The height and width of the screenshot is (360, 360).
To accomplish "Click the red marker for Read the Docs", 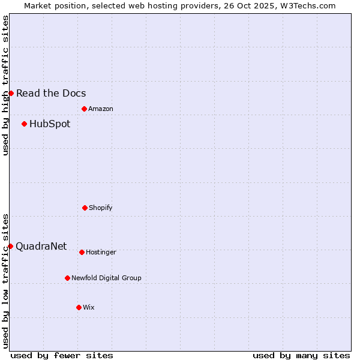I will tap(11, 93).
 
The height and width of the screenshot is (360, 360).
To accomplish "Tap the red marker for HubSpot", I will tap(24, 124).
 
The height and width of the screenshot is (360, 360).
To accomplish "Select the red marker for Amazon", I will tap(84, 109).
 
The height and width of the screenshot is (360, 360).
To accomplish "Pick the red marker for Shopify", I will tap(85, 208).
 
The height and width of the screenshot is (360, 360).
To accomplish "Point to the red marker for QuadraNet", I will tap(10, 246).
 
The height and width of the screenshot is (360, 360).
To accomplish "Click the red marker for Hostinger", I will tap(82, 252).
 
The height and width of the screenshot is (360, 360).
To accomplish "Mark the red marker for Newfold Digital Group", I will tap(67, 278).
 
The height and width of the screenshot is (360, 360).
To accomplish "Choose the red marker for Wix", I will tap(79, 307).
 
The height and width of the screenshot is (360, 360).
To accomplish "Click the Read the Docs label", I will tap(51, 93).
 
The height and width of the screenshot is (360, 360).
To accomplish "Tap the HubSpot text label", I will tap(50, 124).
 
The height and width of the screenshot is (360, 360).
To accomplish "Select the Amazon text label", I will tap(101, 109).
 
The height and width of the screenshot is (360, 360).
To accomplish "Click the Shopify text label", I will tap(101, 208).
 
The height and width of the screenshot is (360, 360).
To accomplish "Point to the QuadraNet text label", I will tap(41, 246).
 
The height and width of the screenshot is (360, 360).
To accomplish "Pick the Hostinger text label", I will tap(101, 252).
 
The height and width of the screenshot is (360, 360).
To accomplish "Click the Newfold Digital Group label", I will tap(106, 278).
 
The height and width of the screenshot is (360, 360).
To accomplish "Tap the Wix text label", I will tap(89, 307).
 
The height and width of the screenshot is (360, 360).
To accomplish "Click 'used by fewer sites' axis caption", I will tap(62, 355).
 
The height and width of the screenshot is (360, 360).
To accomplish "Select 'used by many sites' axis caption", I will tap(301, 355).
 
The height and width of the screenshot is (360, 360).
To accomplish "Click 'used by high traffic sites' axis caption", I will tap(5, 85).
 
